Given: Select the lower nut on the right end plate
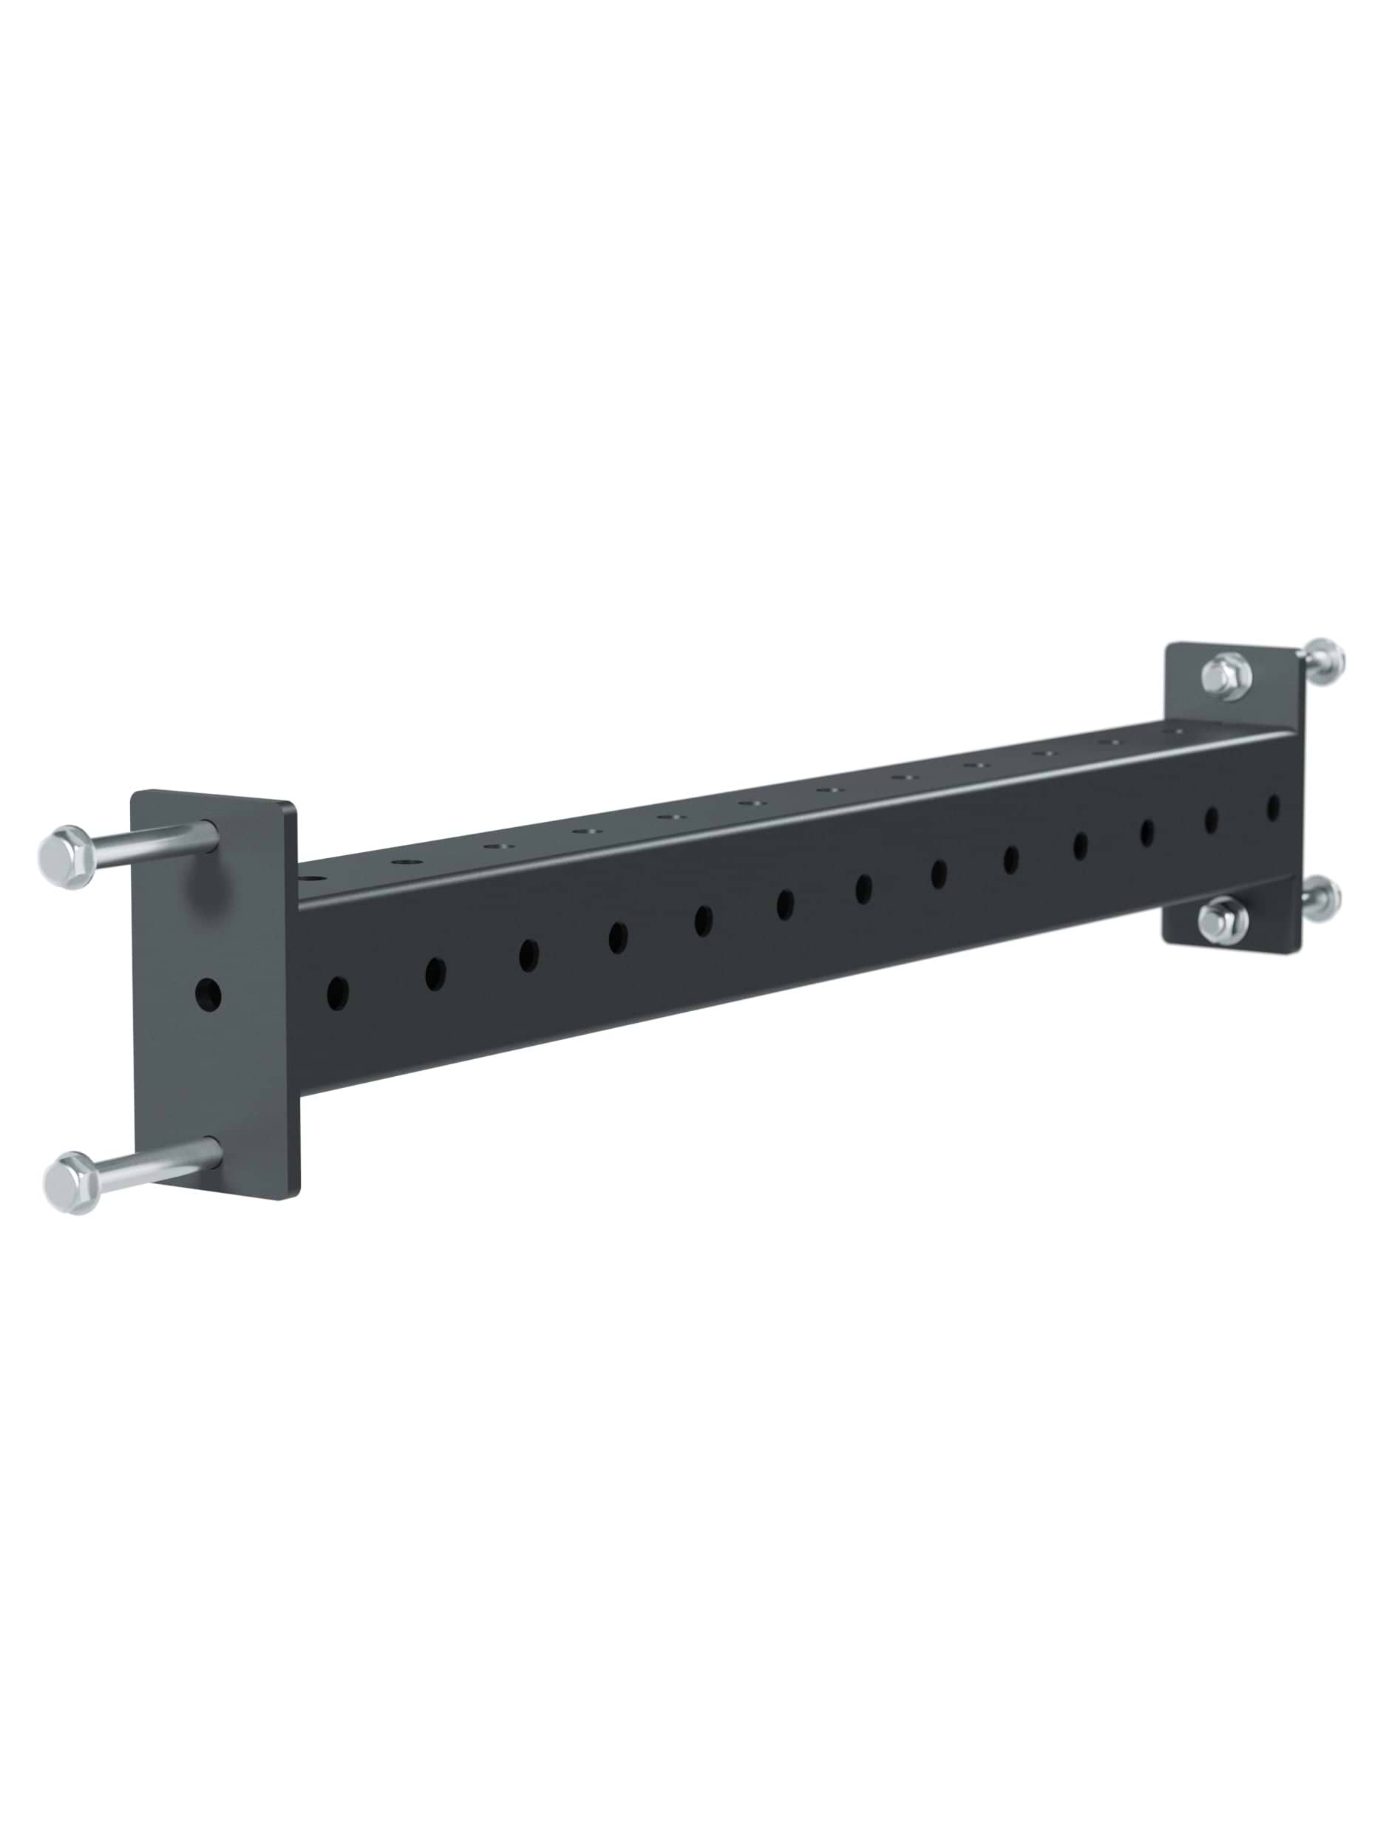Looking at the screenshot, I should click(x=1223, y=919).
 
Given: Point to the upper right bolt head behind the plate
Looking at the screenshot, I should click(x=1323, y=661).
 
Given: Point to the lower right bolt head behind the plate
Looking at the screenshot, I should click(x=1320, y=899).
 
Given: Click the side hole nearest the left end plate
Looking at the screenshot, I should click(x=337, y=993).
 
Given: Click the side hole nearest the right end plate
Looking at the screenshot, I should click(x=1273, y=807).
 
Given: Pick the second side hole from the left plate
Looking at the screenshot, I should click(x=435, y=973).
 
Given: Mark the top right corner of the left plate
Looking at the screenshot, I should click(x=292, y=804).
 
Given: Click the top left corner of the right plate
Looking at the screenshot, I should click(x=1169, y=647).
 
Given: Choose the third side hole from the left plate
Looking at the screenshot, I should click(x=529, y=955).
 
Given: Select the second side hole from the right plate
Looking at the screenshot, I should click(x=1211, y=820).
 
